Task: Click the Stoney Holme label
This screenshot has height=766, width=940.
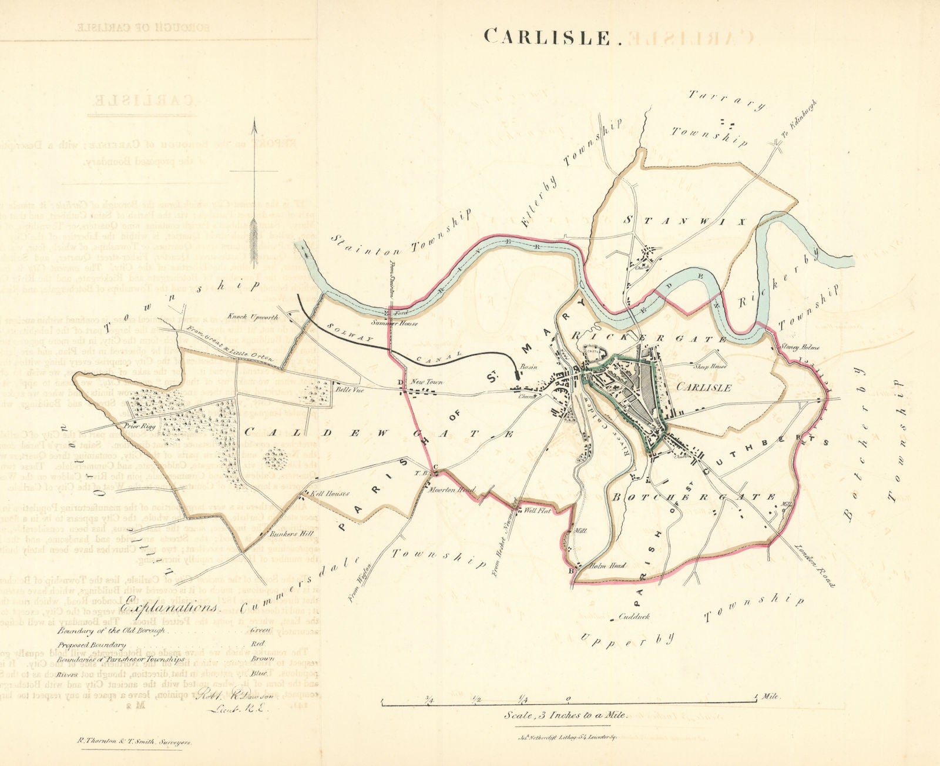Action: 800,347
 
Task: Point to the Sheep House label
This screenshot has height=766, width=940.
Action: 710,366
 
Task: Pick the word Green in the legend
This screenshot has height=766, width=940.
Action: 259,630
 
